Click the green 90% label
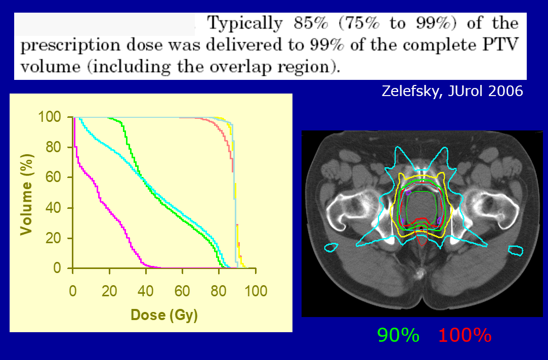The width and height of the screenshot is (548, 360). click(x=398, y=335)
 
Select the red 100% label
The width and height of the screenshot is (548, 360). click(x=465, y=335)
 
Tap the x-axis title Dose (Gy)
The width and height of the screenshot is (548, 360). click(x=164, y=315)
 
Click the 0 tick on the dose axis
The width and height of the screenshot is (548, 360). click(x=73, y=292)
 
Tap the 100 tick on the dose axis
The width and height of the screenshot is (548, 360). click(x=256, y=292)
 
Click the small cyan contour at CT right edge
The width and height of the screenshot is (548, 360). click(x=515, y=250)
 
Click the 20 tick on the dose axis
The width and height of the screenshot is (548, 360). click(x=109, y=292)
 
